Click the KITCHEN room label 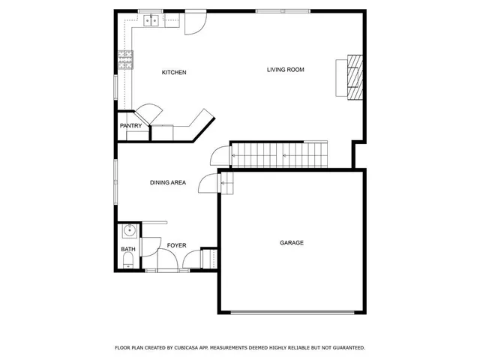174,73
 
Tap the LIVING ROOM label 285,70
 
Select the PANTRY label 130,126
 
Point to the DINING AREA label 168,182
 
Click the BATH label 128,250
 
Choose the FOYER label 176,245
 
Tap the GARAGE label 292,243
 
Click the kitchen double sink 151,21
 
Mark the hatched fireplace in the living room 354,77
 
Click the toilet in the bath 127,260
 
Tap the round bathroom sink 128,230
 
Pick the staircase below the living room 279,156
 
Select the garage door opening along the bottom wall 291,312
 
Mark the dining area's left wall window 115,181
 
